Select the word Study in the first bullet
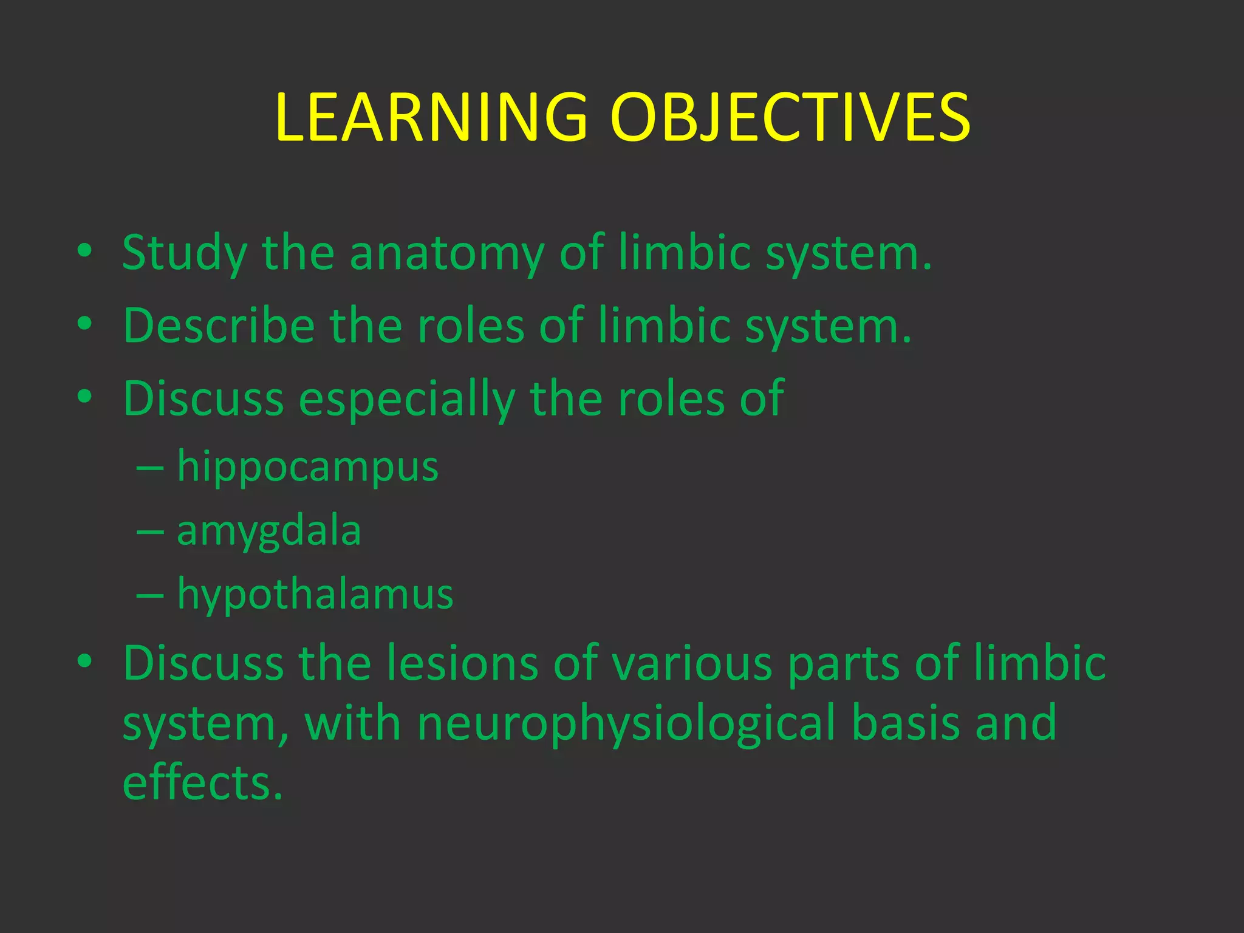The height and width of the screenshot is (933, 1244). point(184,254)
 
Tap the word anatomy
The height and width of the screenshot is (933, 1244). point(446,254)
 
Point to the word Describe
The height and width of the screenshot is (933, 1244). point(219,326)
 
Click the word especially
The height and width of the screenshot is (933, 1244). point(406,400)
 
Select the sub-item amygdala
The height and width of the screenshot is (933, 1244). point(269,532)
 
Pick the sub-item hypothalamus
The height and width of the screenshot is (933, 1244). point(315,595)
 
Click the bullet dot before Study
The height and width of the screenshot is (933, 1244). point(84,251)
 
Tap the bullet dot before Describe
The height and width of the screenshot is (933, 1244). point(84,324)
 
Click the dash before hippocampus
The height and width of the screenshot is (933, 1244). point(150,469)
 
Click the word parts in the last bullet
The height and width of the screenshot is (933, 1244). point(843,663)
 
